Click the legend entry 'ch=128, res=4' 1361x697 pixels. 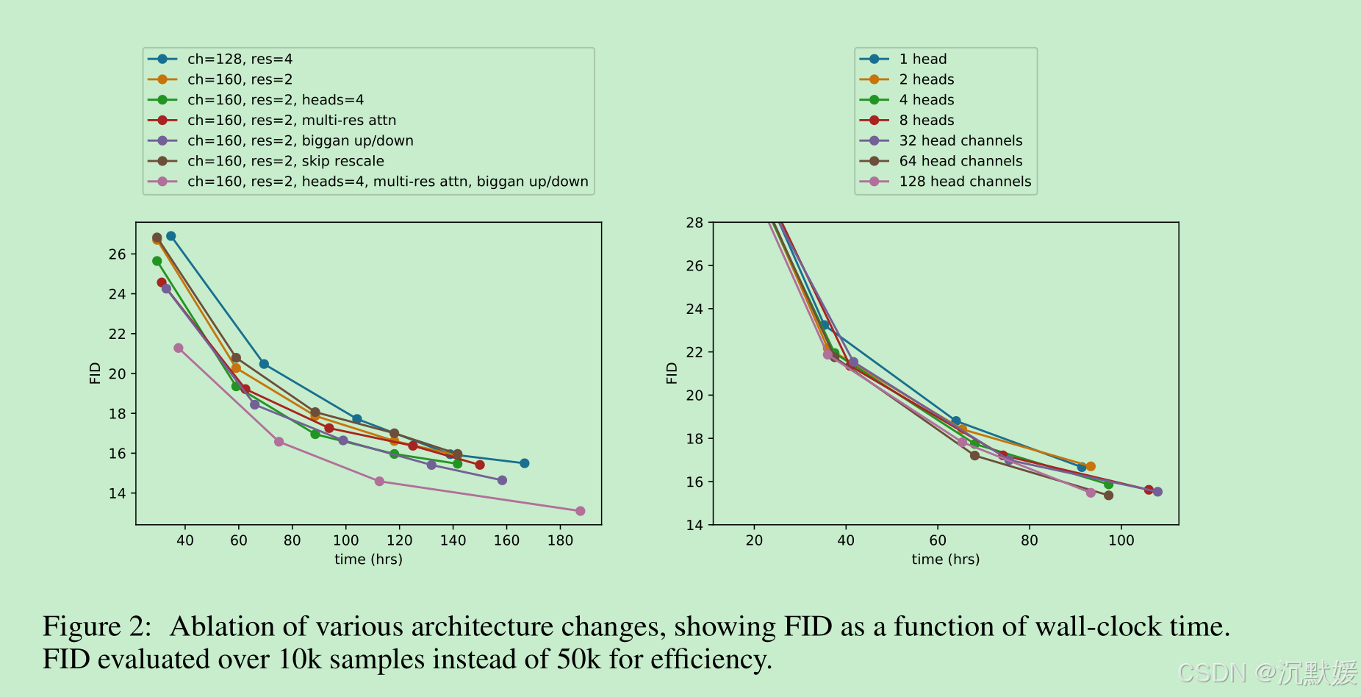(x=240, y=59)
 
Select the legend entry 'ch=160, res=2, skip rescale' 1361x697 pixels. (x=285, y=161)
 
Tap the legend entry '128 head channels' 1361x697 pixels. (x=964, y=182)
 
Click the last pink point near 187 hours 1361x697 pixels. (x=580, y=511)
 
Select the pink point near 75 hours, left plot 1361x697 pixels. (x=279, y=442)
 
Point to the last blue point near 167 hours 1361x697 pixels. (x=524, y=463)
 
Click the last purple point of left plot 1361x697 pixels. (x=502, y=480)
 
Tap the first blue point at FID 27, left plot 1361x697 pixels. (x=170, y=236)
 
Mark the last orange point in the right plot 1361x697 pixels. (x=1091, y=466)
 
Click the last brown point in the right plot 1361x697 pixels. (x=1108, y=496)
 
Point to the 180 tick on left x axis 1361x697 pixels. (x=560, y=540)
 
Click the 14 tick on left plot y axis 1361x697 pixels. (x=118, y=493)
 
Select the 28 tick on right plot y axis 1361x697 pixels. (x=694, y=222)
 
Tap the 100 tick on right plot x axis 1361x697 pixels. (x=1121, y=540)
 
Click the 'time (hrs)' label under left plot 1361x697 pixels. (x=368, y=560)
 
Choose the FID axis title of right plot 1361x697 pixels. (x=672, y=373)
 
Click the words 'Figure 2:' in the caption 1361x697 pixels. (x=97, y=626)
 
